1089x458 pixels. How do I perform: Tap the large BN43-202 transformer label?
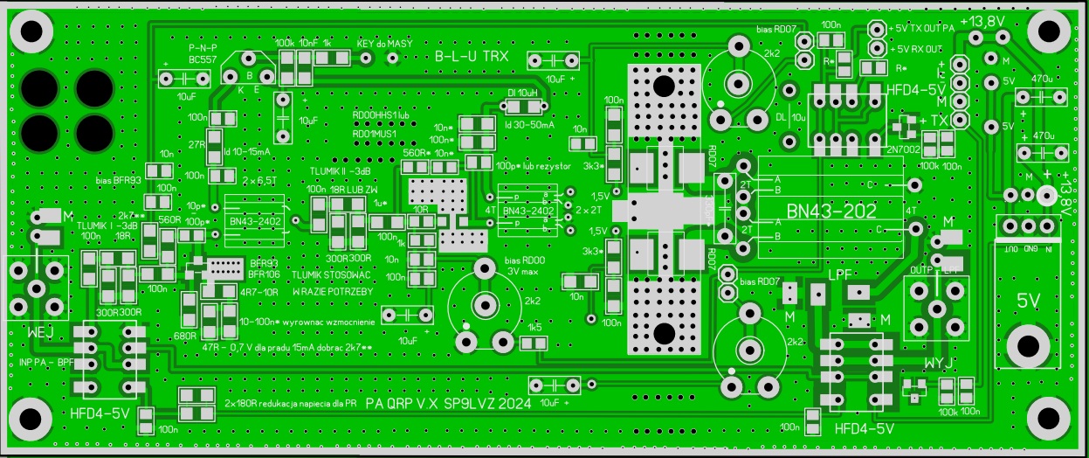(828, 212)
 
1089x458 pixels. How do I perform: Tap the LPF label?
(840, 274)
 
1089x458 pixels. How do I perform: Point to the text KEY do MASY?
(385, 43)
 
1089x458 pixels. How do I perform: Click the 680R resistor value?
(184, 336)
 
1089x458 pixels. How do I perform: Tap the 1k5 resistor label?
(534, 327)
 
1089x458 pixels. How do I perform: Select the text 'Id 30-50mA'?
(529, 125)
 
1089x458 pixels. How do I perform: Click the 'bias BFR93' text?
(118, 180)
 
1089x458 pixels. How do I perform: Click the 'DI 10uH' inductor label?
(522, 92)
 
